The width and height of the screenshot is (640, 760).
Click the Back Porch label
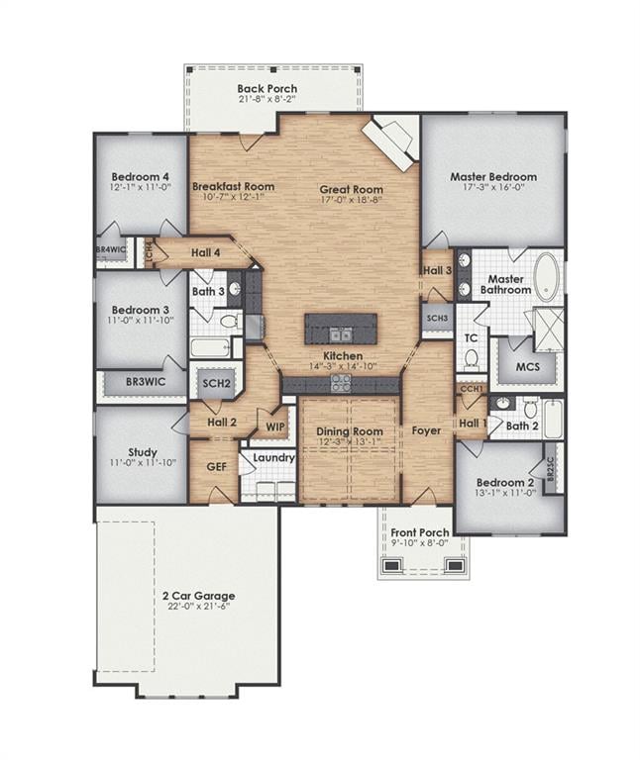(x=267, y=89)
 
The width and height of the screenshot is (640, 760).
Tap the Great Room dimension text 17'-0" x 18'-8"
(x=352, y=200)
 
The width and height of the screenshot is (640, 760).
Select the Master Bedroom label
(x=493, y=177)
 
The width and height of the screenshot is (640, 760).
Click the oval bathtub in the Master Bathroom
(x=547, y=277)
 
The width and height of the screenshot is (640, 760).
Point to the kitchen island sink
(x=341, y=334)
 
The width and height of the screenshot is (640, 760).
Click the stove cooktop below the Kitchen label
(x=341, y=383)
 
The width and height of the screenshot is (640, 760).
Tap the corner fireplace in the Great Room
(x=389, y=144)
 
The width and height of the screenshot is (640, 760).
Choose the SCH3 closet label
(x=437, y=319)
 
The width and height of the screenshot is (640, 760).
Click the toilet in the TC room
(x=471, y=358)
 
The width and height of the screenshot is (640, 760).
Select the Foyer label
(x=427, y=430)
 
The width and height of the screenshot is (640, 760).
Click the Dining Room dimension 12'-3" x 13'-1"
(x=350, y=441)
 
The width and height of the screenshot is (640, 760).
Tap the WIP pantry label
(x=275, y=427)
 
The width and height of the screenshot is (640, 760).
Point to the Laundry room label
(x=274, y=457)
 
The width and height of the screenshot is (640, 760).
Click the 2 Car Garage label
(x=199, y=596)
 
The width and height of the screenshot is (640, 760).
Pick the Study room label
(x=143, y=452)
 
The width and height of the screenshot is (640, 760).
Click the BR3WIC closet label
(x=146, y=382)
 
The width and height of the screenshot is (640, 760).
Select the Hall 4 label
(x=206, y=252)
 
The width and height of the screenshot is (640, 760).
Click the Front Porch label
(x=420, y=532)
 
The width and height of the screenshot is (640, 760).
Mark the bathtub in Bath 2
(x=553, y=419)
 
